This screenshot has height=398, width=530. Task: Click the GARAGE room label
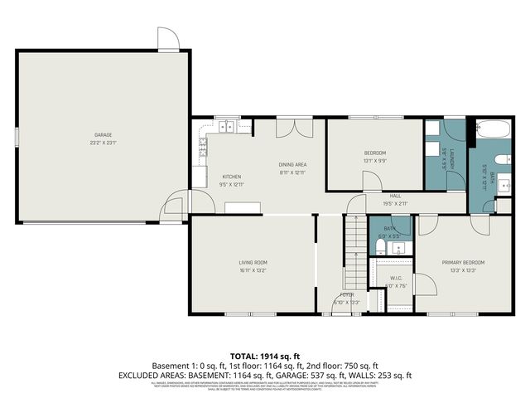coord(103,134)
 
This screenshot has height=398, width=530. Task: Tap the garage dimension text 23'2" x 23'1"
coord(103,143)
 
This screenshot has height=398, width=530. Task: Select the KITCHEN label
coord(231,177)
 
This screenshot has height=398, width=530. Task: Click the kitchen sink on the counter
coord(224,127)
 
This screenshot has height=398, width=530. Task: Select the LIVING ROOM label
coord(253,262)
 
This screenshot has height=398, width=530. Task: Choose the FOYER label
coord(347,294)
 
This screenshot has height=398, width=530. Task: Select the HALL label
coord(395,196)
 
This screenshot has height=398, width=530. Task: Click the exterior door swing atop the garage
coord(168,39)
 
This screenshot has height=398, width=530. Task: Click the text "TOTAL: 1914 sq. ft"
coord(265,354)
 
